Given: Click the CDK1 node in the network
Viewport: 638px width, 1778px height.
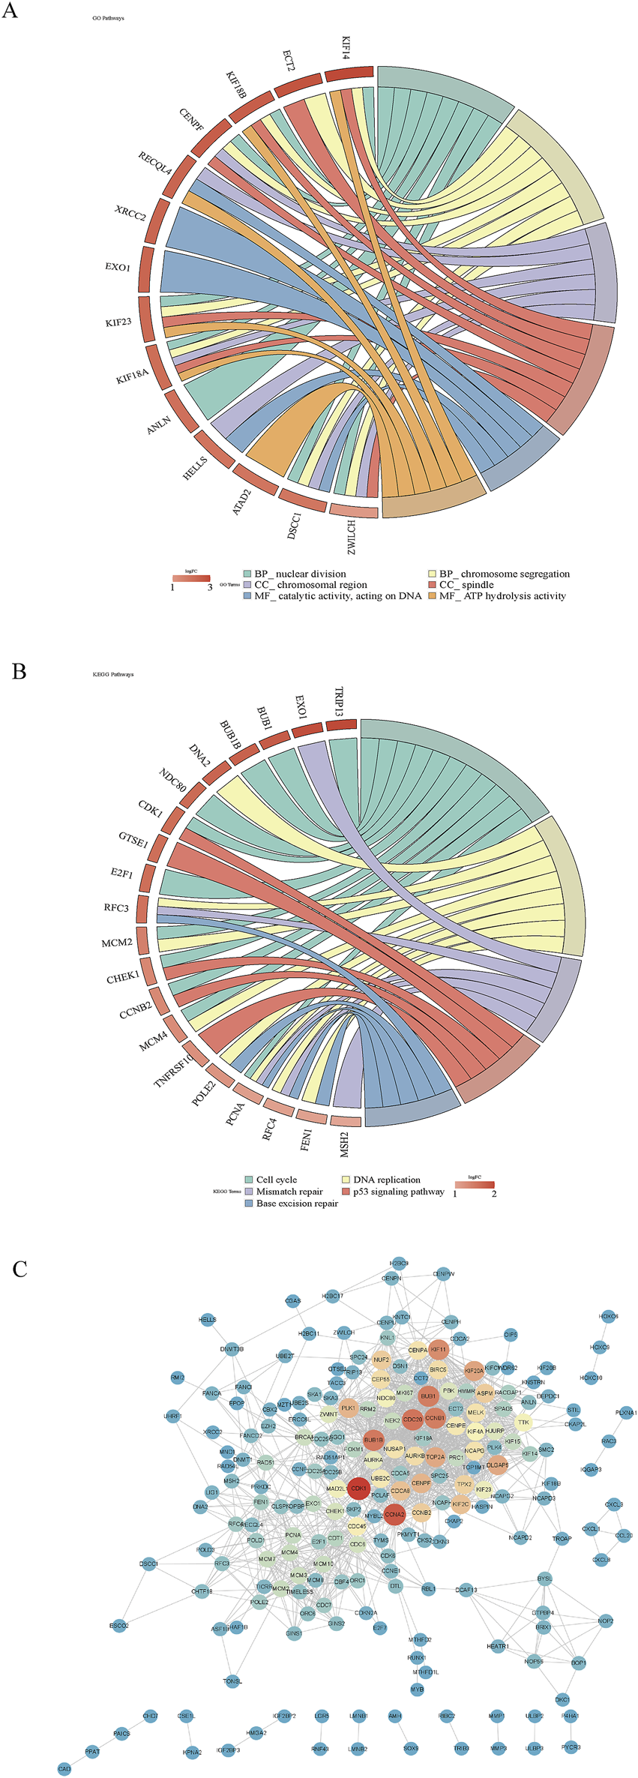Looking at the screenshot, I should click(358, 1488).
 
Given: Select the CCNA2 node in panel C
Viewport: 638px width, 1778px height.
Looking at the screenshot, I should click(394, 1514).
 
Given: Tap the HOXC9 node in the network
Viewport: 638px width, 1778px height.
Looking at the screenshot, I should click(599, 1348).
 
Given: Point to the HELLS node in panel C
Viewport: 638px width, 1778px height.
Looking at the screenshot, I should click(208, 1320).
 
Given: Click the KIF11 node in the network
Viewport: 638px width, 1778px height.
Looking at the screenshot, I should click(438, 1350).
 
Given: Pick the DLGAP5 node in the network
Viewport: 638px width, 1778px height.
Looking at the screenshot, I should click(497, 1465).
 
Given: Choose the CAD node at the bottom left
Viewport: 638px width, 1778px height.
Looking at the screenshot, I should click(64, 1769).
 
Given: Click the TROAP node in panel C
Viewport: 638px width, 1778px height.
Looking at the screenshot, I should click(562, 1539).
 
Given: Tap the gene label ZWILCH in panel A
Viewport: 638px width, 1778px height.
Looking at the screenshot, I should click(350, 538).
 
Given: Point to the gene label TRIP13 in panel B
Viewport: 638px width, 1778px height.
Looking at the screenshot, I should click(339, 701).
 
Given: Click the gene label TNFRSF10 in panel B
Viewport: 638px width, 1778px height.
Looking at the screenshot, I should click(173, 1070).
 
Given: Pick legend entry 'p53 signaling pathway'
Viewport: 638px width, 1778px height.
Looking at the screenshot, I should click(398, 1191).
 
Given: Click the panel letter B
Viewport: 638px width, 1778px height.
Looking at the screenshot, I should click(19, 671).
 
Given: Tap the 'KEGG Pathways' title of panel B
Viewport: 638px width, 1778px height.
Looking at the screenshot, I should click(112, 674).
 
